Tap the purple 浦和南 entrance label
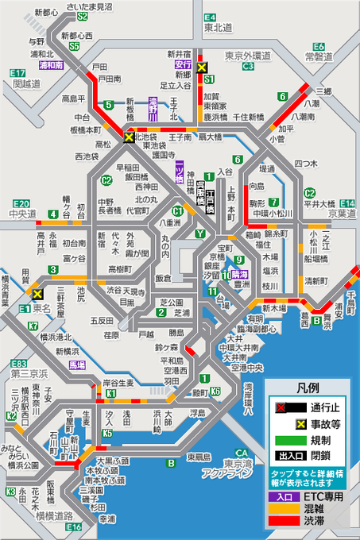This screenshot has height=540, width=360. click(51, 65)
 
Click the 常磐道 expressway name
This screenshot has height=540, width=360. click(319, 56)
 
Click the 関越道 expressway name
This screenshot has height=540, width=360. click(26, 83)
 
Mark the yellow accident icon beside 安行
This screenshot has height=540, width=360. click(203, 68)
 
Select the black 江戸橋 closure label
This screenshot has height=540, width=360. click(209, 199)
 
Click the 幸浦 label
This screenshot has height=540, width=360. click(106, 518)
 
